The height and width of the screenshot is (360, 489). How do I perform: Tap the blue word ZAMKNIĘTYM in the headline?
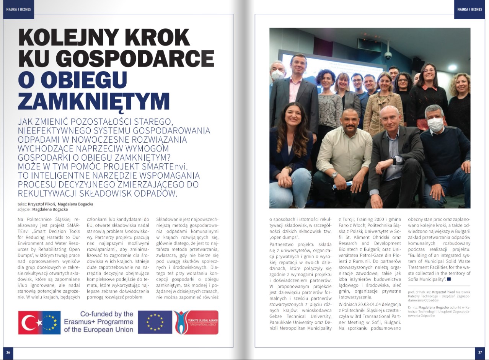(x=94, y=101)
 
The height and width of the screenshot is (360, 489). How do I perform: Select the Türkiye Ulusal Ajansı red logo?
(x=196, y=322)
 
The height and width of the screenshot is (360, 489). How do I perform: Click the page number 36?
(x=8, y=352)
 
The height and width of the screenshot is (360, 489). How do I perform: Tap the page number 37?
(x=480, y=352)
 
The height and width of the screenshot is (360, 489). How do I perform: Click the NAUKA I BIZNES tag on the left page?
(x=18, y=9)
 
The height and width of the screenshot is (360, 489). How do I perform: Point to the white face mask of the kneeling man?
(x=435, y=124)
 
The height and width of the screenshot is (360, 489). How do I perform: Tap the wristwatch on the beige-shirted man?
(x=335, y=175)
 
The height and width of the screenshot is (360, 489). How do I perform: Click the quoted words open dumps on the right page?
(x=281, y=237)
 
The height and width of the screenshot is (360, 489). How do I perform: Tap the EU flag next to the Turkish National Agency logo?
(x=155, y=322)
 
